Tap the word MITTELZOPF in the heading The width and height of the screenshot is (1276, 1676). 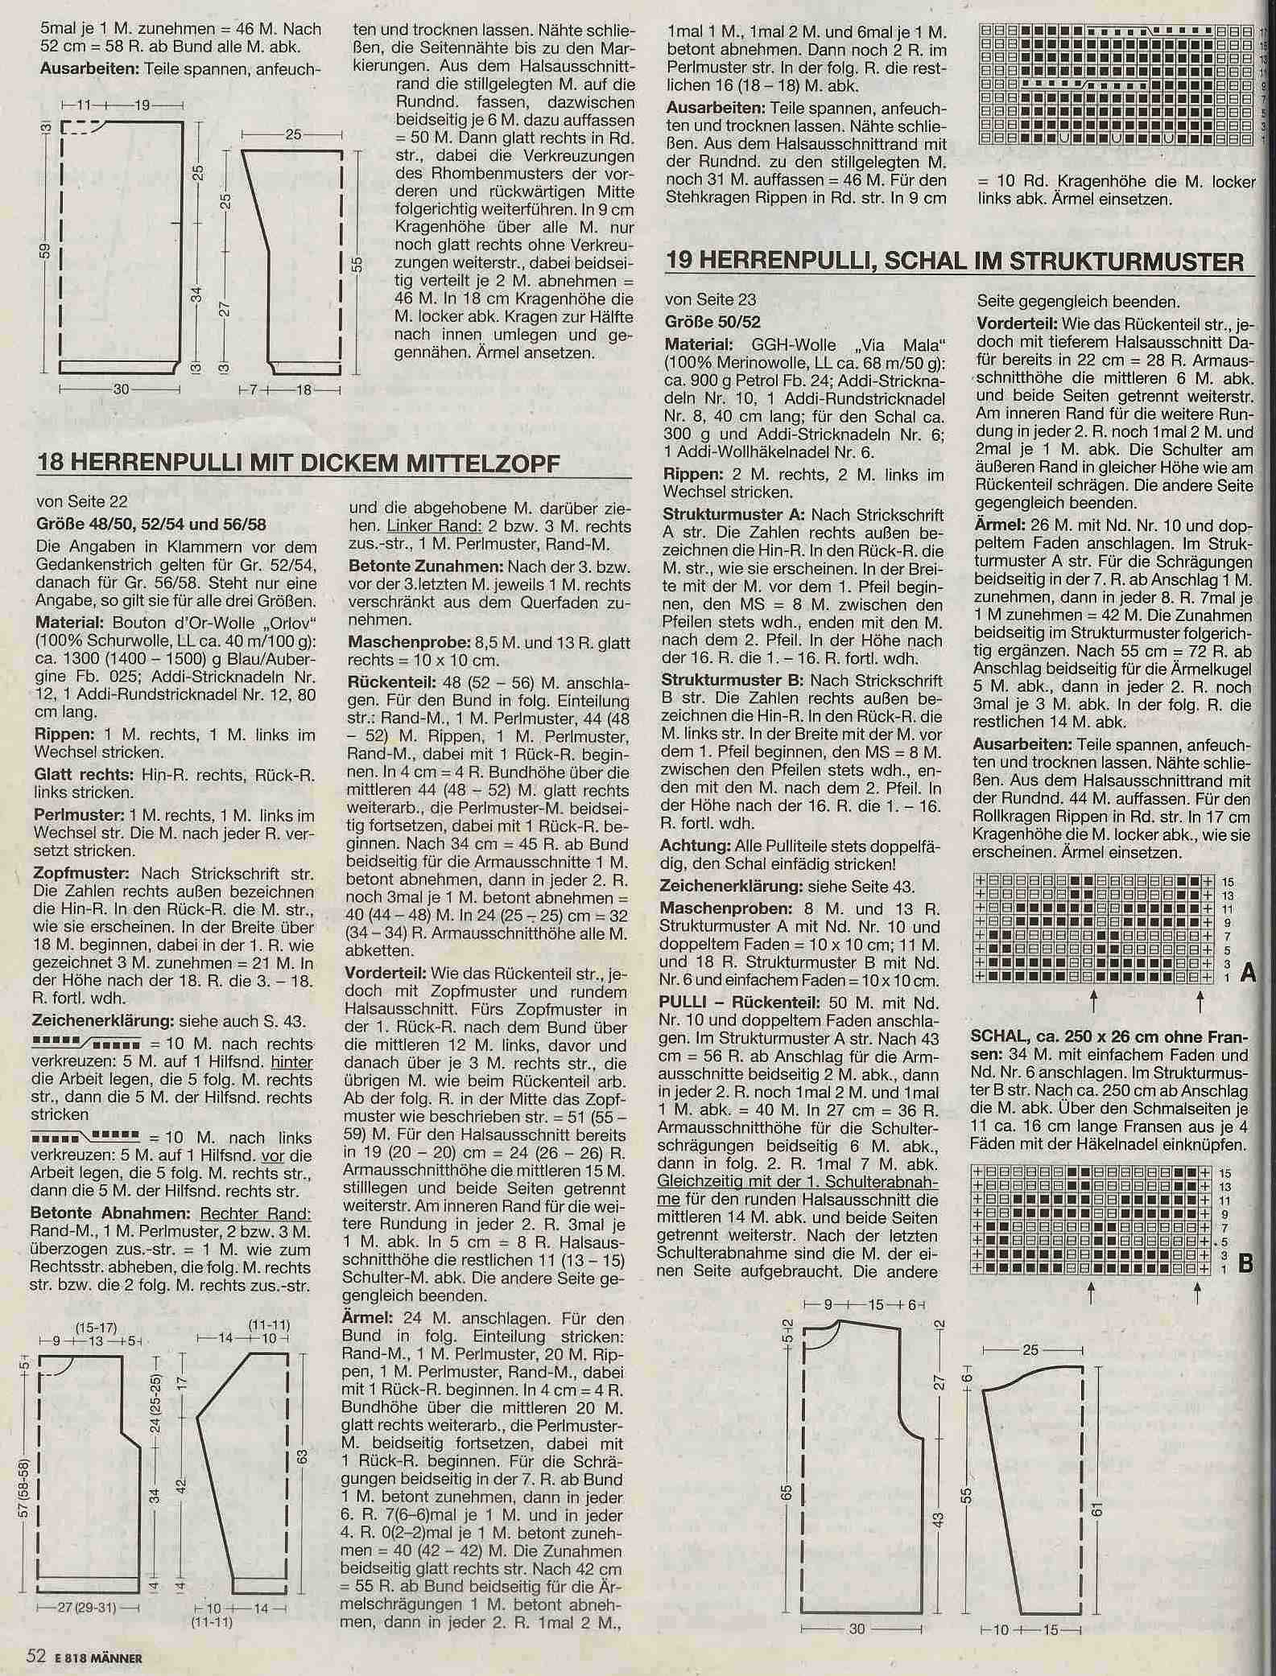pos(490,464)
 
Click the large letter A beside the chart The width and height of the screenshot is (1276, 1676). pos(1249,974)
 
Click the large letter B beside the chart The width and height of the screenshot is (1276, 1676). pos(1245,1263)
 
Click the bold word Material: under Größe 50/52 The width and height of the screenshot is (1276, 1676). pos(692,346)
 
